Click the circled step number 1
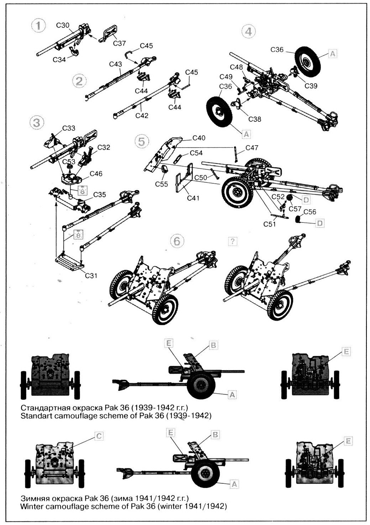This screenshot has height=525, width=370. click(x=39, y=27)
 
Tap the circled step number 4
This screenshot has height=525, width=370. click(x=248, y=31)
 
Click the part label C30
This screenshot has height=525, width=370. click(x=63, y=25)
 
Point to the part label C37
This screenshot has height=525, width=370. click(x=120, y=43)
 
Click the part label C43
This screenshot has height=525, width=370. click(x=116, y=64)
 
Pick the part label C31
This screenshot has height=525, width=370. click(x=91, y=275)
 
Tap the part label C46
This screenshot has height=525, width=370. click(x=96, y=174)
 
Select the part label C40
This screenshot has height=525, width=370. click(x=199, y=138)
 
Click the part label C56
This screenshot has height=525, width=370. click(x=310, y=211)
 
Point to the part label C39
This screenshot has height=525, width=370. click(x=311, y=85)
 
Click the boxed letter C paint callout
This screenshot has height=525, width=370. click(x=100, y=435)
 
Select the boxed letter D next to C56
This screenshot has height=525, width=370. click(x=320, y=223)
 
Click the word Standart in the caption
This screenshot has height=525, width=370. click(x=35, y=415)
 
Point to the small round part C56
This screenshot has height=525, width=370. click(x=298, y=220)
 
